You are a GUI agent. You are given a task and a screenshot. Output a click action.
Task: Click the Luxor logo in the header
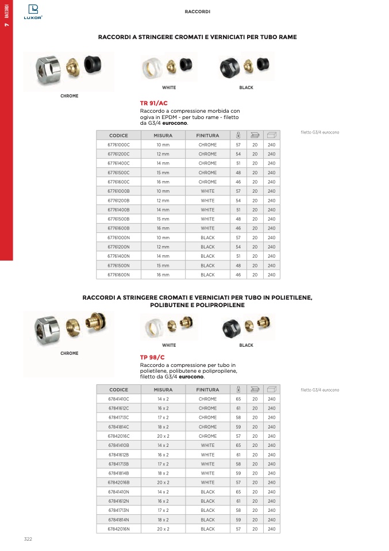click(x=33, y=12)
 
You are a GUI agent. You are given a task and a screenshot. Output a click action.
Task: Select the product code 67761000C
click(x=118, y=145)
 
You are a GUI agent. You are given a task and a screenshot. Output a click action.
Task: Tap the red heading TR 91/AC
click(x=153, y=103)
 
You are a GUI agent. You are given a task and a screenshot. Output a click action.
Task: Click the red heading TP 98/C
click(x=152, y=357)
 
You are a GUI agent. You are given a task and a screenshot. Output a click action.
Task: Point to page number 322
click(x=28, y=539)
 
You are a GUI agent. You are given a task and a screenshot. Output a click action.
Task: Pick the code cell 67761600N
click(x=118, y=275)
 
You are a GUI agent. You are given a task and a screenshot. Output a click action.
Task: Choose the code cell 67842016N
click(x=118, y=529)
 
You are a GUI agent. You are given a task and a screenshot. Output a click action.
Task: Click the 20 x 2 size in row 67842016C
click(x=163, y=436)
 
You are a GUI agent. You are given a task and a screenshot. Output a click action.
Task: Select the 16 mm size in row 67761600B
click(x=163, y=228)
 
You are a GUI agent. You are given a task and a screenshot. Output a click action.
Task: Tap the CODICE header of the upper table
click(x=118, y=136)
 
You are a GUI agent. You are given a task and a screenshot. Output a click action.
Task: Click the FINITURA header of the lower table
click(x=207, y=389)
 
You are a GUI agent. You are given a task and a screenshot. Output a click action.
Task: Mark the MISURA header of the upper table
click(x=163, y=136)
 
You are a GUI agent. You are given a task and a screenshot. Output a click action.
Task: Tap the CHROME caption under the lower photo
click(x=69, y=353)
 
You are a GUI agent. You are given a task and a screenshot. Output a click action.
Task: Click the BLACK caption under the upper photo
click(x=246, y=88)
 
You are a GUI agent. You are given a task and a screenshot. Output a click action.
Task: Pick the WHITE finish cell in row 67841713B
click(x=207, y=464)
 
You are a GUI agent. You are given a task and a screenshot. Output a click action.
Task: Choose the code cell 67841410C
click(x=118, y=399)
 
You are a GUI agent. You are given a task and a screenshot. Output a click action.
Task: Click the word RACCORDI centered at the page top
click(x=197, y=12)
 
